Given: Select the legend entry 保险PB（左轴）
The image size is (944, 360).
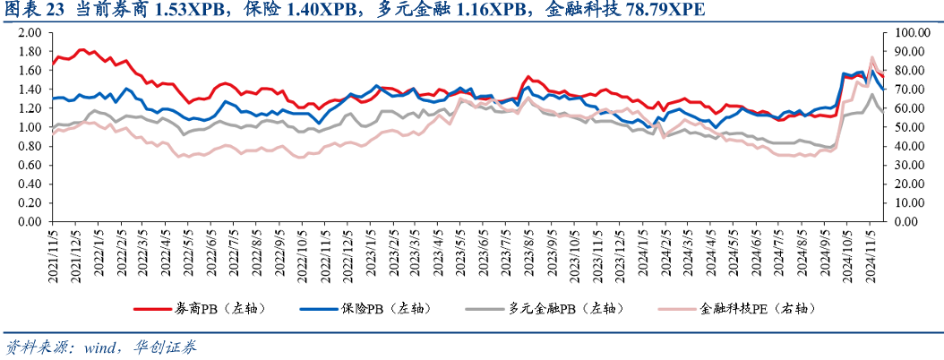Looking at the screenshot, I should [x=386, y=309].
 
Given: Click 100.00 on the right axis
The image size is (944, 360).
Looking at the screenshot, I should [x=905, y=32].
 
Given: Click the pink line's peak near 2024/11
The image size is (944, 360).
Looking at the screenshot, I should [x=872, y=58].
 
